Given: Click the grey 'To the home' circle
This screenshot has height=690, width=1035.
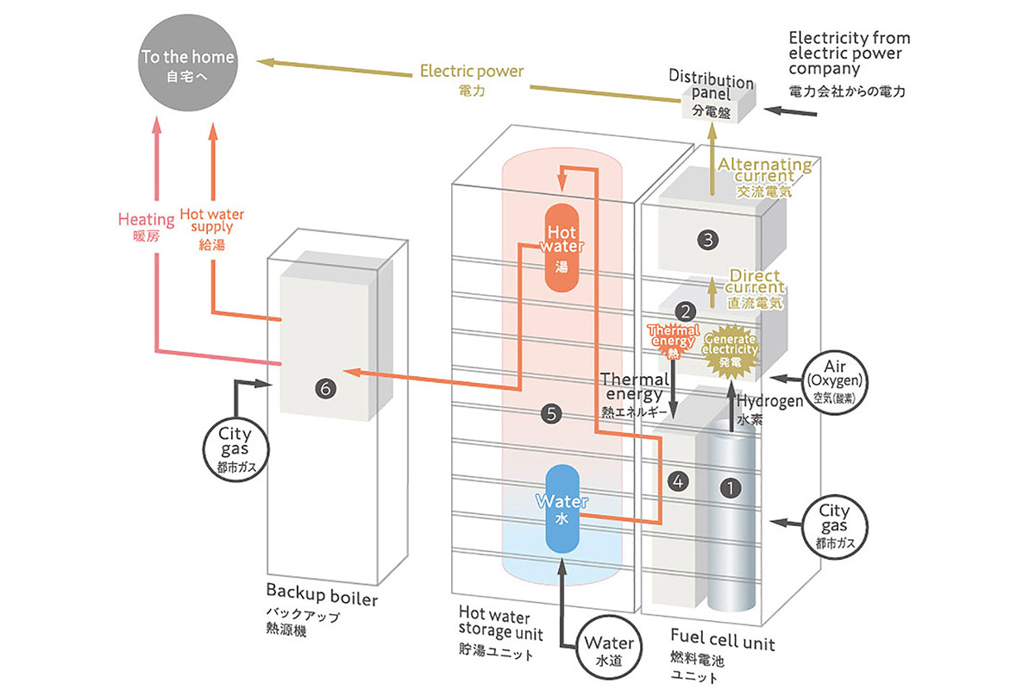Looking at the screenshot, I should coord(188,66).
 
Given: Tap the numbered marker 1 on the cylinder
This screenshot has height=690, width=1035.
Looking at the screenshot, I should coord(731,487).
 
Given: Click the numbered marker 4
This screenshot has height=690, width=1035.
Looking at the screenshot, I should coord(678,482).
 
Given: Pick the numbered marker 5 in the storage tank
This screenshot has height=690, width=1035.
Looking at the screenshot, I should coord(551,414).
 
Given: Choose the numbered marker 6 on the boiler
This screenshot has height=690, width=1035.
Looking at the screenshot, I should coord(325,390).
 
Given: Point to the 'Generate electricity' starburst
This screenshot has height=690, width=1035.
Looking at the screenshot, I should coord(731,350).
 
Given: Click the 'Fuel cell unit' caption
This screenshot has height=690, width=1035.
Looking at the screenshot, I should coord(722,643).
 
